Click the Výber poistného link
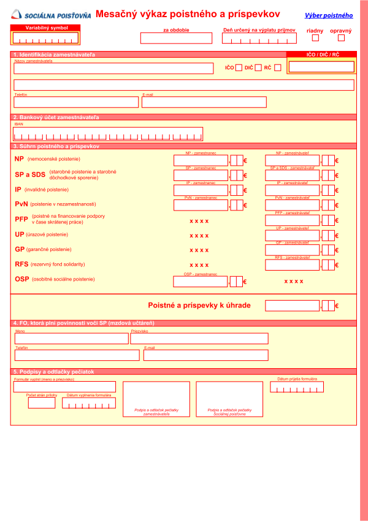tap(329, 15)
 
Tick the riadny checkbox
tap(316, 38)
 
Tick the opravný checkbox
tap(341, 38)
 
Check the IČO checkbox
tap(239, 68)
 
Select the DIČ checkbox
tap(258, 68)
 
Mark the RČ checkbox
tap(278, 68)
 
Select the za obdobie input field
tap(176, 38)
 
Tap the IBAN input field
tap(108, 133)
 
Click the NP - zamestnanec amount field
tap(201, 160)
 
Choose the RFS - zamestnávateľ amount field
tap(292, 264)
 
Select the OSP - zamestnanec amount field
tap(201, 282)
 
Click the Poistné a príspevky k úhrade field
tap(292, 305)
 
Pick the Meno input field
tap(71, 338)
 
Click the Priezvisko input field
tap(199, 338)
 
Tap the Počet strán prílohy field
tap(42, 403)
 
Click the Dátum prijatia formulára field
tap(297, 387)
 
